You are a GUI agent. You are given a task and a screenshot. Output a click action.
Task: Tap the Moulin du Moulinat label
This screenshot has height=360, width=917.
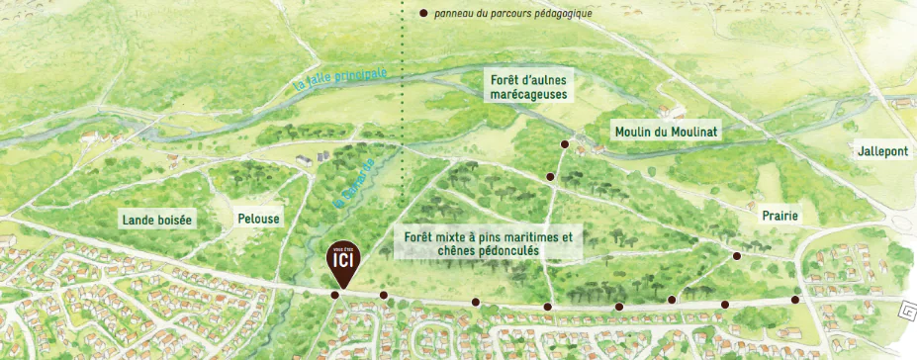coord(665,132)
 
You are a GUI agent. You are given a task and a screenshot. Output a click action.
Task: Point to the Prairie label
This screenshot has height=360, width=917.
coord(780,216)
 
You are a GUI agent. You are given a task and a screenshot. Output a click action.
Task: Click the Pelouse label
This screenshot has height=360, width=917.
coord(259,219)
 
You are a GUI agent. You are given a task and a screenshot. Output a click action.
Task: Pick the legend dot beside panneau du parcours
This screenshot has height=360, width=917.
coord(423,14)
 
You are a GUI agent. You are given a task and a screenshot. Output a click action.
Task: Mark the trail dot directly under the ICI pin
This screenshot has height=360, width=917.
coord(334,295)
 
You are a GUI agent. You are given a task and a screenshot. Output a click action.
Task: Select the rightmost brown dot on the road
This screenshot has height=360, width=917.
coord(794,300)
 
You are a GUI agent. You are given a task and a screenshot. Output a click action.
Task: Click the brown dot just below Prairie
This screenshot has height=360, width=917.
coord(736,256)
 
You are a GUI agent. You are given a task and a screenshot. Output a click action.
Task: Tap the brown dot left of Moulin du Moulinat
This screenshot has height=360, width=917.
coord(565,144)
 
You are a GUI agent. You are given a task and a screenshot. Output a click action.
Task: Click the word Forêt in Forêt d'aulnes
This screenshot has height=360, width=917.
coord(505,78)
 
